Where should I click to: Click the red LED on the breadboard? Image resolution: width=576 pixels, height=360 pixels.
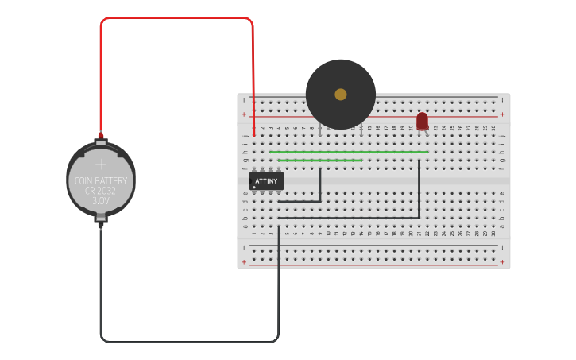(422, 120)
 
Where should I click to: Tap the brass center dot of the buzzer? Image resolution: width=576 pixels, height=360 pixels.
(341, 95)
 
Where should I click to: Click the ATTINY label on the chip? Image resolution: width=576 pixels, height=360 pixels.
(266, 181)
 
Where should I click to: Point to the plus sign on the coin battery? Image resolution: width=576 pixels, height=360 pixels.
(100, 165)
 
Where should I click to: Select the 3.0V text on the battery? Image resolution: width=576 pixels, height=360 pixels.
(100, 202)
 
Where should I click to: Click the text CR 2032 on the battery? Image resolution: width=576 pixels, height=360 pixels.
(100, 192)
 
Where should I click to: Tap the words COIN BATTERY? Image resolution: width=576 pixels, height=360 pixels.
(100, 181)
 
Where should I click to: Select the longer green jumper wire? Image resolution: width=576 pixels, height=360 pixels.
(350, 152)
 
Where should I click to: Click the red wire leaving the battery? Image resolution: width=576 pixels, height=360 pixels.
(175, 17)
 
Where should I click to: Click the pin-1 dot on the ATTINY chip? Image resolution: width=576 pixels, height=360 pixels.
(254, 188)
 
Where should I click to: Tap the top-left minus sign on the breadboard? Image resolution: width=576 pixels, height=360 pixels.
(244, 101)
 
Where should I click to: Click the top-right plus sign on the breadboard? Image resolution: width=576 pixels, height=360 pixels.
(503, 114)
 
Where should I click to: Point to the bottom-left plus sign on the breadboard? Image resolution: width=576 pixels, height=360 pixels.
(244, 261)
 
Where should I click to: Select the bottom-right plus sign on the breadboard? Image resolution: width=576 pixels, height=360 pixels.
(503, 261)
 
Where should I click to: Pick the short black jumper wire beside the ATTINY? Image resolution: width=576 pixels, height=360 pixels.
(320, 187)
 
